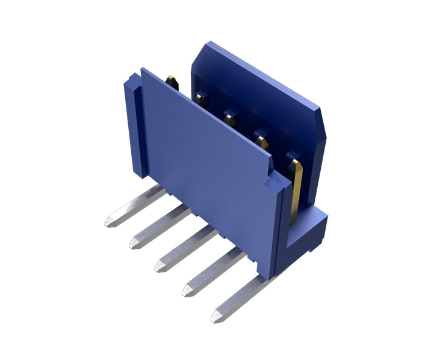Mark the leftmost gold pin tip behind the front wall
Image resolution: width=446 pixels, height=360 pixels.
172,80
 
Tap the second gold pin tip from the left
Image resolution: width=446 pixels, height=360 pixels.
201,98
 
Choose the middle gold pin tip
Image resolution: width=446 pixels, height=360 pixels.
230,116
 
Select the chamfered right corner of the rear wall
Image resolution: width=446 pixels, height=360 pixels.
324,122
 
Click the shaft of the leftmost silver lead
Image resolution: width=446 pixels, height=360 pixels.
137,206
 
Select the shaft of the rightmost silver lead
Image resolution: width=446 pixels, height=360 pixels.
243,297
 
